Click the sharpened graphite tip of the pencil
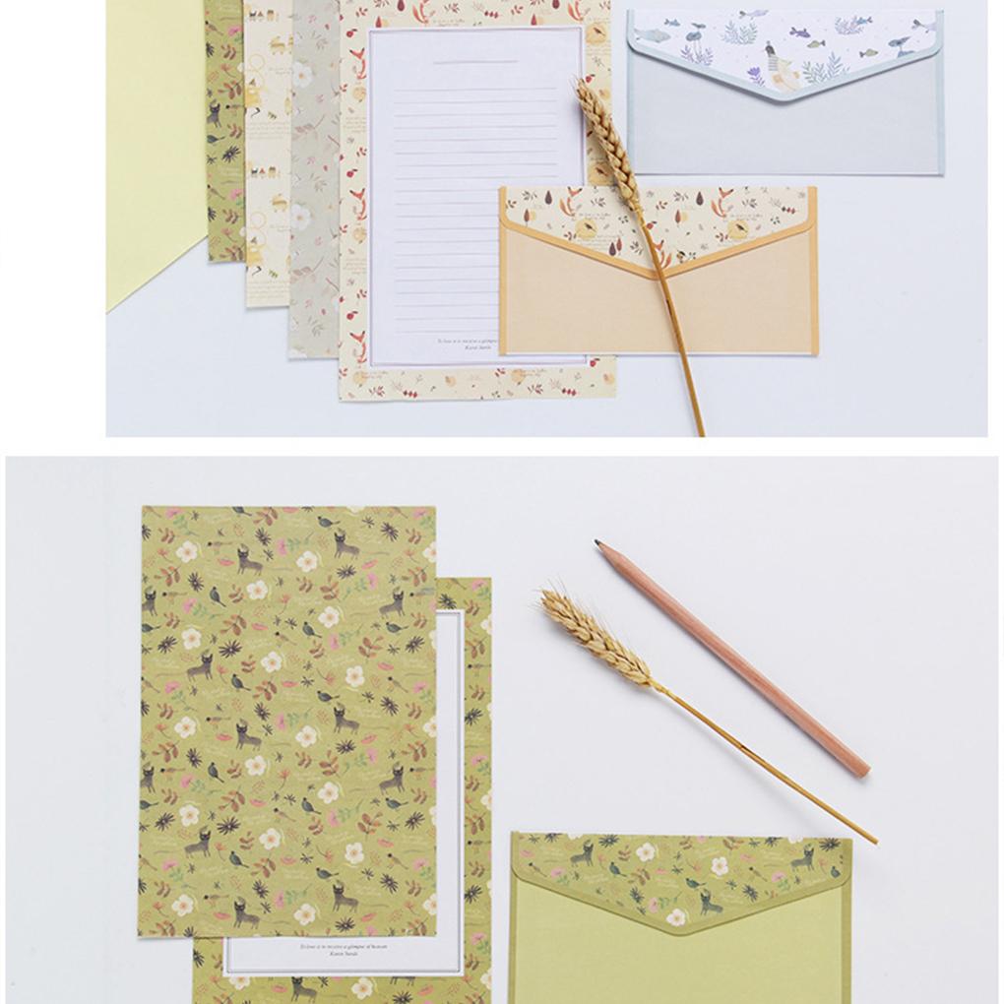tap(598, 543)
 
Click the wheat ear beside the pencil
tap(595, 634)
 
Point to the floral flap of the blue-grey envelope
tap(784, 49)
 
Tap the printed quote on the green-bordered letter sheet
tap(344, 950)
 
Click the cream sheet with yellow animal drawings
tap(267, 148)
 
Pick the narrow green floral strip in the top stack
tap(225, 128)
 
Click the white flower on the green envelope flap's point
tap(677, 918)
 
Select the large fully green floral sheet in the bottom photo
tap(285, 719)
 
